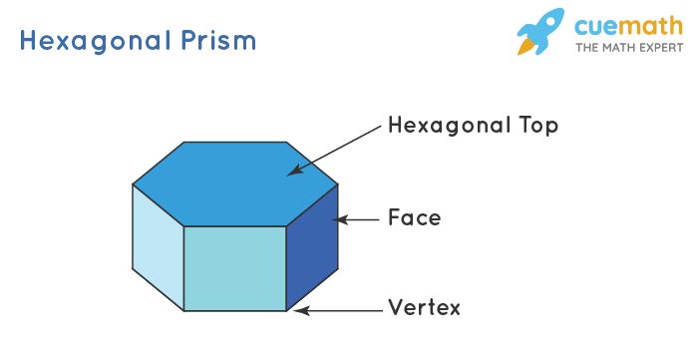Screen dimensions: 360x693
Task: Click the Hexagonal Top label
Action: click(x=473, y=127)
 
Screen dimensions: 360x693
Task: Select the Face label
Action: click(x=414, y=217)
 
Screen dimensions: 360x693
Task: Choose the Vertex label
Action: click(x=424, y=308)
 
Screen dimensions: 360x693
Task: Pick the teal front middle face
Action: click(x=234, y=267)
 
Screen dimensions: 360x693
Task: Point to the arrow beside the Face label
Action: click(x=357, y=218)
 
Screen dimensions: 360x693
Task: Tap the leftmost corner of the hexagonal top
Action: click(x=133, y=183)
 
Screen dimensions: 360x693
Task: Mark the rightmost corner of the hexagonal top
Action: click(x=337, y=183)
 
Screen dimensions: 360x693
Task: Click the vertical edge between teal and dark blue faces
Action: click(x=286, y=267)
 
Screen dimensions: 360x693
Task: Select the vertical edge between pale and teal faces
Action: click(x=184, y=267)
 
